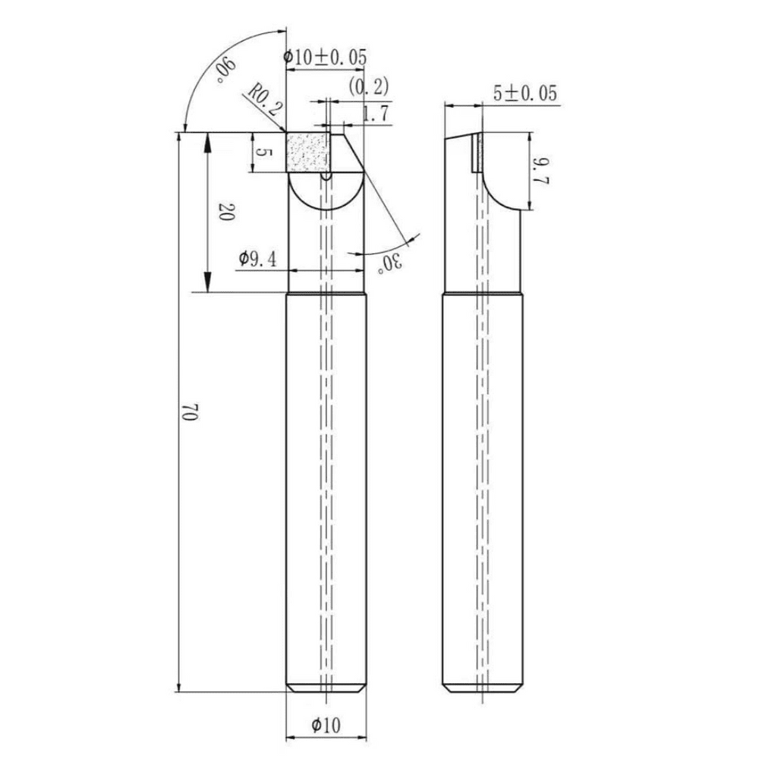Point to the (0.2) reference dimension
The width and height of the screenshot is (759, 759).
tap(370, 87)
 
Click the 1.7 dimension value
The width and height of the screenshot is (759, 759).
tap(376, 114)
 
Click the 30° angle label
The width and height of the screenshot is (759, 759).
tap(390, 263)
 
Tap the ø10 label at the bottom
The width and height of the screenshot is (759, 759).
tap(326, 726)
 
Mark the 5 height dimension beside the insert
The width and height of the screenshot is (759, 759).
tap(262, 153)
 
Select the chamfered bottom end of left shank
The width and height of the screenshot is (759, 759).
tap(326, 688)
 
